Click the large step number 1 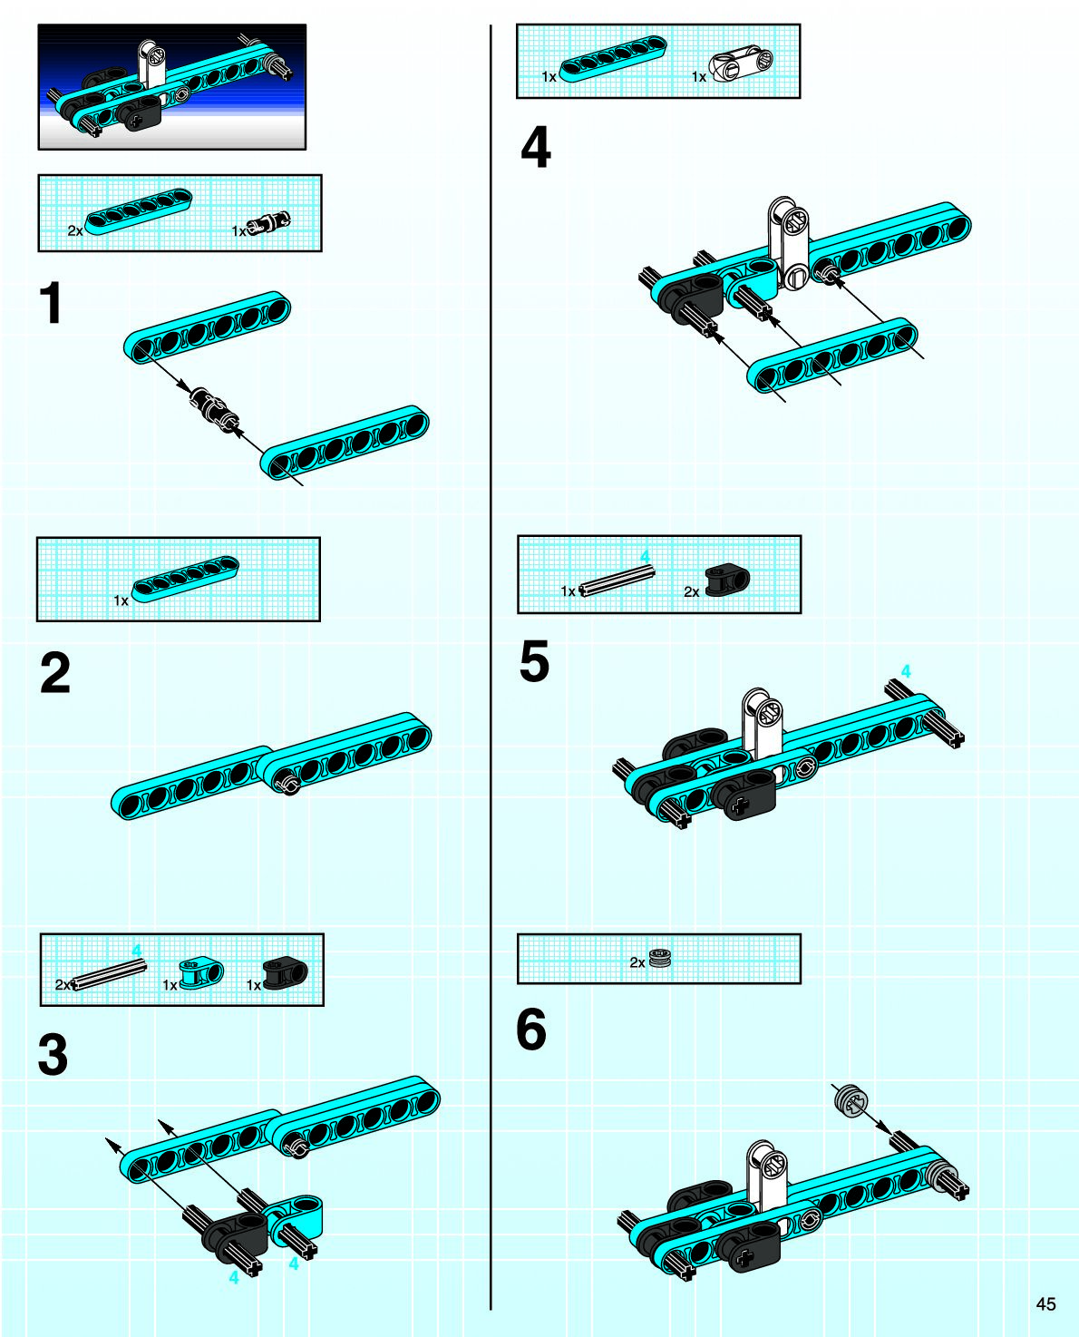click(x=52, y=303)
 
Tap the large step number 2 click(x=54, y=673)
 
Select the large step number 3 click(x=53, y=1055)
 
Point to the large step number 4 click(x=536, y=148)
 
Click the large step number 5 click(x=534, y=661)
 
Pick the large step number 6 click(x=531, y=1030)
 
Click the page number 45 click(x=1045, y=1303)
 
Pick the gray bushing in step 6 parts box click(x=661, y=959)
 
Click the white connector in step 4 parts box click(x=741, y=64)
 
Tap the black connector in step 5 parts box click(x=727, y=581)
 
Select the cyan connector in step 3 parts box click(x=200, y=973)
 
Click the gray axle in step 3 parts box click(x=108, y=973)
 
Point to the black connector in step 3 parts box click(x=285, y=972)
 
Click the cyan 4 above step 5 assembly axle click(x=905, y=671)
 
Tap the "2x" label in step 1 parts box click(x=75, y=231)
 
